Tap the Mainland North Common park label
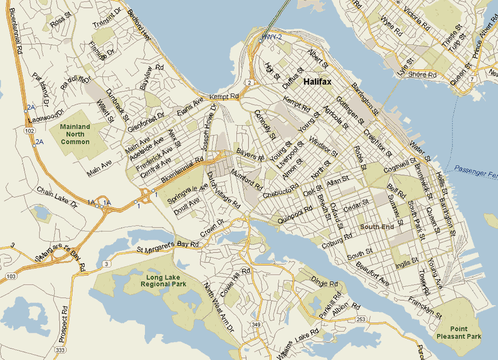(x=75, y=135)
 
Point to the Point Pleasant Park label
(x=466, y=332)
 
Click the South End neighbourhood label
(x=377, y=227)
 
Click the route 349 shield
(x=256, y=324)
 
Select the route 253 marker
(x=361, y=319)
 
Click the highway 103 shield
(x=11, y=275)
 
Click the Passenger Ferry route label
(x=475, y=171)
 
